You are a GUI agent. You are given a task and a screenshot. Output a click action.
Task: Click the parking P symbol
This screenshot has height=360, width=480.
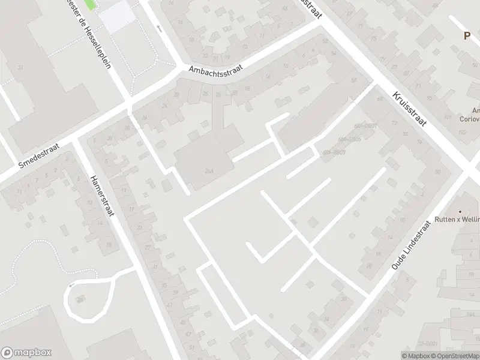point(467,35)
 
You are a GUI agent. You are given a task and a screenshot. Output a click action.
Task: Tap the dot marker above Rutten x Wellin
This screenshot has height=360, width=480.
point(460,211)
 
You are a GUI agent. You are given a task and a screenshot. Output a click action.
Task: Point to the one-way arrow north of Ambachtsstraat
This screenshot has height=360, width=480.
point(158,28)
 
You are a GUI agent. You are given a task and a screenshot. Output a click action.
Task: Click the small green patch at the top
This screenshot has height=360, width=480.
point(89,4)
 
